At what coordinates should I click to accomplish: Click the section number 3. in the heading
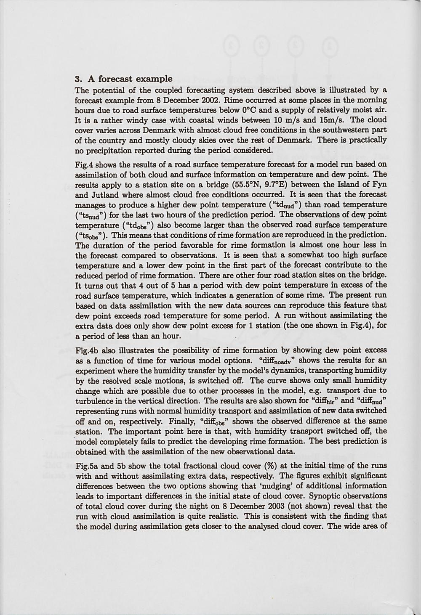(78, 79)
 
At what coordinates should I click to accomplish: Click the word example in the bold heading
(155, 79)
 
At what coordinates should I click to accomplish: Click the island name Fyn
(379, 185)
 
